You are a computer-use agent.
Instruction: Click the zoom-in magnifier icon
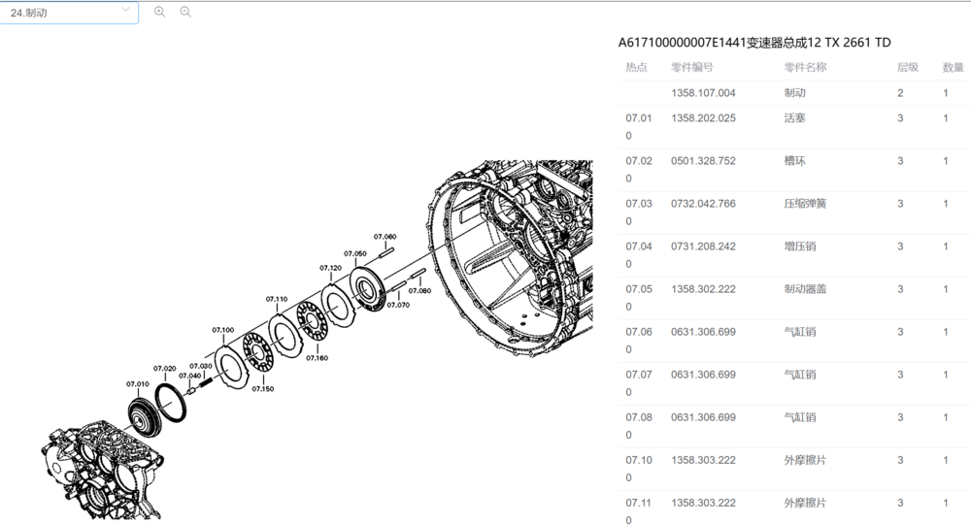coord(160,12)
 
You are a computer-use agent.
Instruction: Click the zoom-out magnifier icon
coord(185,12)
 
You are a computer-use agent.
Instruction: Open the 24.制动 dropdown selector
coord(69,13)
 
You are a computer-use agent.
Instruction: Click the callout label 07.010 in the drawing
coord(138,384)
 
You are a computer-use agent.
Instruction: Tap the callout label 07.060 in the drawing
coord(385,237)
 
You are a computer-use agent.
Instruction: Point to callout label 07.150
coord(262,389)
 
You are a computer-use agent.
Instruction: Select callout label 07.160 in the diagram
coord(317,358)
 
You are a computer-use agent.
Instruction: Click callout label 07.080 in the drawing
coord(419,290)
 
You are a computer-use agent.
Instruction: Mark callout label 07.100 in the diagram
coord(223,330)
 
